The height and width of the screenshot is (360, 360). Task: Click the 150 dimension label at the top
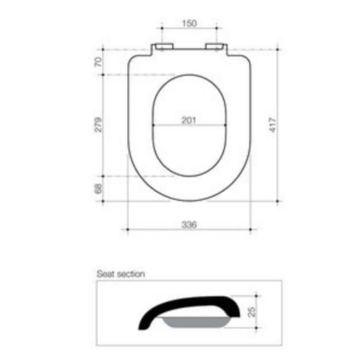point(190,23)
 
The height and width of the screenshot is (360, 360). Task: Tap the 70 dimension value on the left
point(98,62)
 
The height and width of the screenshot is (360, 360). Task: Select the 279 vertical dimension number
point(98,124)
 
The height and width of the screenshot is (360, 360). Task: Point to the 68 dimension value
point(98,189)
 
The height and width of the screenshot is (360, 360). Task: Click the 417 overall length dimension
point(273,125)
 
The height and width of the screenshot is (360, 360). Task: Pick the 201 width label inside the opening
point(189,121)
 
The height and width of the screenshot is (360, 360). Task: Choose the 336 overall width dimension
point(189,225)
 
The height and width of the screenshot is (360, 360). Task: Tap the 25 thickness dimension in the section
point(252,311)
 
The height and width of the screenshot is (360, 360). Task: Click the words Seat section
point(121,274)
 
